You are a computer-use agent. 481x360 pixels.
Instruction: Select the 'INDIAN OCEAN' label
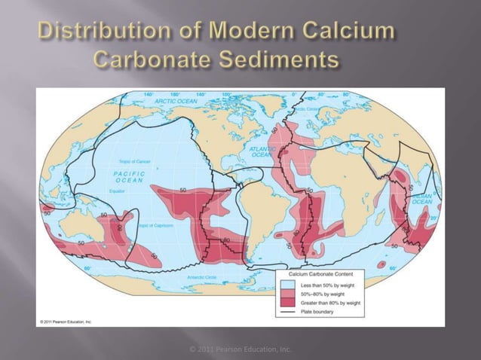(421, 198)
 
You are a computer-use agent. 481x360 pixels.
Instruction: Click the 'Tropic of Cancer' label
(136, 161)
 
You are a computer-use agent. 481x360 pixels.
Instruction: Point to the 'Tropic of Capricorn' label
(154, 225)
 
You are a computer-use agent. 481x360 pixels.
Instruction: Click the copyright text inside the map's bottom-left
(64, 322)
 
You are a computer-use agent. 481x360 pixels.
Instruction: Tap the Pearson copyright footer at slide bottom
(240, 349)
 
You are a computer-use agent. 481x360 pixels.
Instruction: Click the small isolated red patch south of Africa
(381, 266)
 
